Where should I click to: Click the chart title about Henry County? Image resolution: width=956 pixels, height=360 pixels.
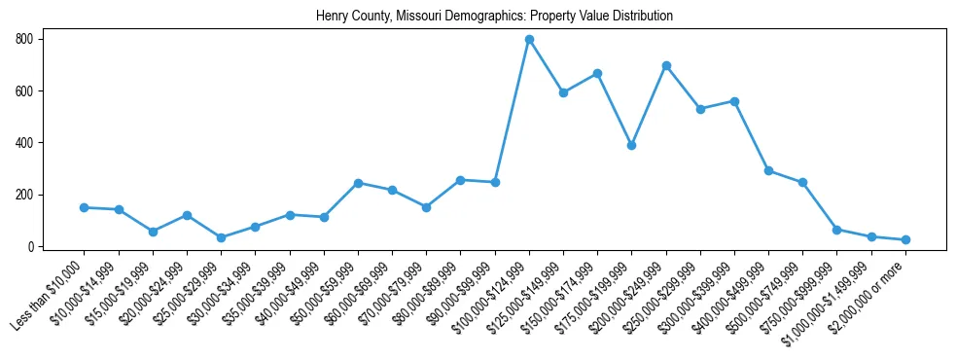(x=494, y=17)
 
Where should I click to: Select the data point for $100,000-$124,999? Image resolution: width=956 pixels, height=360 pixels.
(x=529, y=40)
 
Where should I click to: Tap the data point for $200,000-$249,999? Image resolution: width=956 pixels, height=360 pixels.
(x=666, y=66)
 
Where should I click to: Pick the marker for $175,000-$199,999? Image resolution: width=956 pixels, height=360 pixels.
(x=632, y=145)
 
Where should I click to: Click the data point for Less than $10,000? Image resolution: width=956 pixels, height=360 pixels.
(x=85, y=207)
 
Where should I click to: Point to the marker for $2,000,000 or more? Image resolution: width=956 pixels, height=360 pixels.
(x=905, y=239)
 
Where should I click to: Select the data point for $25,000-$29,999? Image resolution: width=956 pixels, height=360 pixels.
(x=222, y=237)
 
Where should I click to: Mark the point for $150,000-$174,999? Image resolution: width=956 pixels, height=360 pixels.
(x=597, y=74)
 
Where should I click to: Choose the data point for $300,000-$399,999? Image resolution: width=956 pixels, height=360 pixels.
(x=734, y=101)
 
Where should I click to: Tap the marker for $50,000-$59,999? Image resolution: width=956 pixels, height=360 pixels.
(x=358, y=183)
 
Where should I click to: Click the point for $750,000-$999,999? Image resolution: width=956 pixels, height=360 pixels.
(x=837, y=230)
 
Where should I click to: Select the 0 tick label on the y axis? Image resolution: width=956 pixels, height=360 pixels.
(x=31, y=247)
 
